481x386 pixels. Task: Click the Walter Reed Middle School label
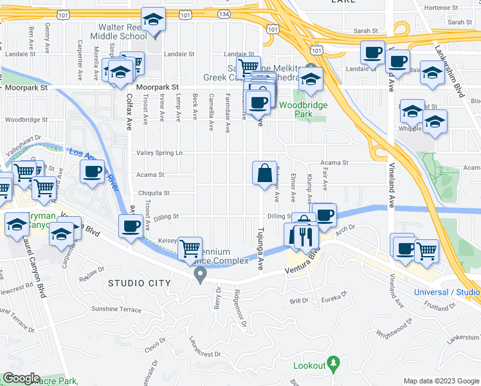tap(123, 32)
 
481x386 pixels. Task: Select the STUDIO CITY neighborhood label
tap(140, 283)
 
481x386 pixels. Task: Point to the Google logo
tap(21, 378)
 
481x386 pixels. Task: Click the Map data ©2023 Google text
tap(441, 381)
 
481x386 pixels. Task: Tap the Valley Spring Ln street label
tap(159, 153)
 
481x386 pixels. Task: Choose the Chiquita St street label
tap(153, 193)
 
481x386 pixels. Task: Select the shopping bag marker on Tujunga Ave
tap(264, 174)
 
